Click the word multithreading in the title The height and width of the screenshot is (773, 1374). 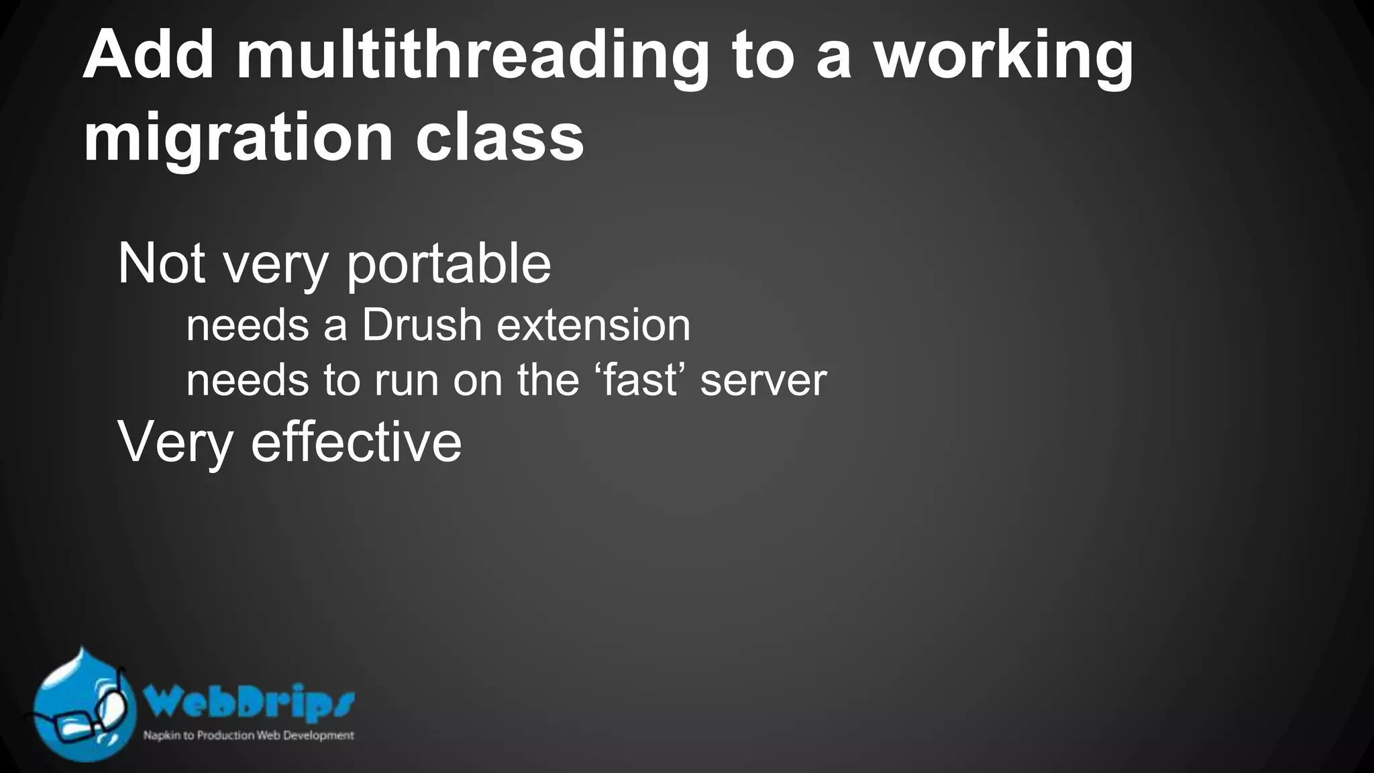(x=472, y=57)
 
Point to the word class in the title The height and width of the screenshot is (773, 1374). (x=499, y=138)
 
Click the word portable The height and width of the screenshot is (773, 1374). (x=448, y=264)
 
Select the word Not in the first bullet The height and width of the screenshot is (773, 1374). (x=161, y=264)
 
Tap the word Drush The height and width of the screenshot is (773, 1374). (x=422, y=325)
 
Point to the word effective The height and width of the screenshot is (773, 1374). (x=356, y=442)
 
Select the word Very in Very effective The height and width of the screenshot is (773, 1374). (x=176, y=444)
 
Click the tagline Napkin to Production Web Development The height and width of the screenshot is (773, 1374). (x=248, y=735)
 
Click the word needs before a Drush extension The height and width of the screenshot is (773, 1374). (x=247, y=326)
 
